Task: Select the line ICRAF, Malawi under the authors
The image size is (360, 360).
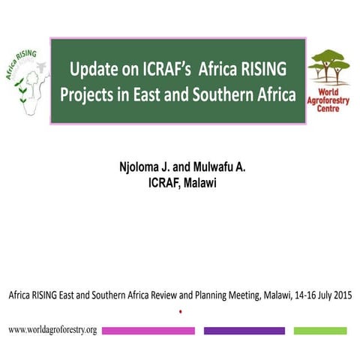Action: [180, 182]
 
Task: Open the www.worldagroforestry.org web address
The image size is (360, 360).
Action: [52, 330]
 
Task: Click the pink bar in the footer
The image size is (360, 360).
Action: [148, 331]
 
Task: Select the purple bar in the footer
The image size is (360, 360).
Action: [244, 331]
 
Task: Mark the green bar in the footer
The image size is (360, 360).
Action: [320, 331]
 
